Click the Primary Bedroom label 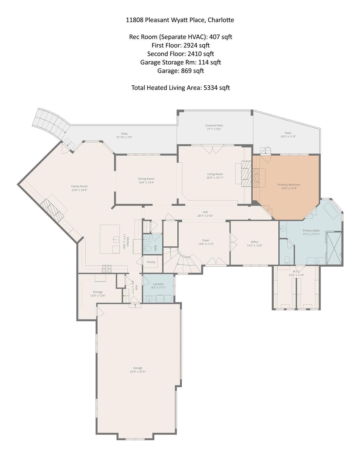tap(289, 184)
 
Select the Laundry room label tap(158, 284)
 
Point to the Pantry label tap(151, 262)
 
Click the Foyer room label tap(206, 240)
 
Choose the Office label tap(254, 242)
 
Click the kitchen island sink tap(116, 239)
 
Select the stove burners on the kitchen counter tap(107, 268)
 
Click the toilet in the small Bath tap(148, 249)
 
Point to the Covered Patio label tap(214, 125)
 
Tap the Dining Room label tap(146, 179)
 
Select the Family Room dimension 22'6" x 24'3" tap(79, 190)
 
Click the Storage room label tap(98, 292)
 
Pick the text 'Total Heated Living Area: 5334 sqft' tap(180, 88)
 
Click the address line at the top tap(180, 20)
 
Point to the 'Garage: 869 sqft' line tap(180, 71)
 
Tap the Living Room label tap(215, 174)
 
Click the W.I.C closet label tap(296, 271)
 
